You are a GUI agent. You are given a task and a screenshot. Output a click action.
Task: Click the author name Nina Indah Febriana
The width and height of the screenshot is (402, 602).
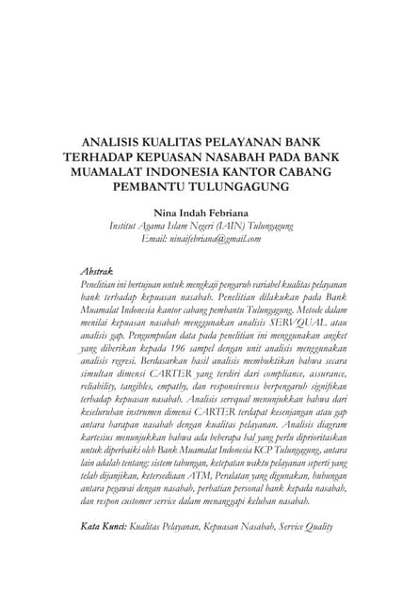click(x=201, y=213)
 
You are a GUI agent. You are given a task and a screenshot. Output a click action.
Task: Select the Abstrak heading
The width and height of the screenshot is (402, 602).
click(x=98, y=271)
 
